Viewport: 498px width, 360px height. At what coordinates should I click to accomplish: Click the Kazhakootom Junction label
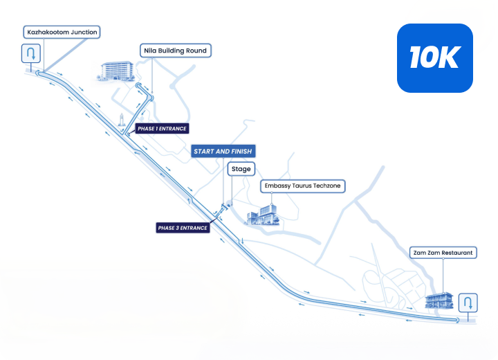pyautogui.click(x=62, y=32)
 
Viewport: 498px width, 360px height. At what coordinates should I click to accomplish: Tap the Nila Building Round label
pyautogui.click(x=175, y=51)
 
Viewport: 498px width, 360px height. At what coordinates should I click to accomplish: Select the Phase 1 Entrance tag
pyautogui.click(x=162, y=129)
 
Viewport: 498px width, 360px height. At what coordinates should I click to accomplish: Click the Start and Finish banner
pyautogui.click(x=223, y=152)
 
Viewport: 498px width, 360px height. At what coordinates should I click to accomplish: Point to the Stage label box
pyautogui.click(x=241, y=169)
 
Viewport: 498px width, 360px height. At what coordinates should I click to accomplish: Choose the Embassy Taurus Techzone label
pyautogui.click(x=303, y=186)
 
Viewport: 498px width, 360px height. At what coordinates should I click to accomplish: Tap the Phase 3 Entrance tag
pyautogui.click(x=183, y=228)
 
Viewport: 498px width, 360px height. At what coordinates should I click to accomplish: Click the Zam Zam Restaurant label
pyautogui.click(x=443, y=253)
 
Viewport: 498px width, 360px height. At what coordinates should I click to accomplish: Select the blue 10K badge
pyautogui.click(x=435, y=58)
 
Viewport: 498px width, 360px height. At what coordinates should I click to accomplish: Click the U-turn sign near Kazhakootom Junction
pyautogui.click(x=31, y=53)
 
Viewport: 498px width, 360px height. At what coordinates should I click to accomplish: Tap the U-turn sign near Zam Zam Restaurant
pyautogui.click(x=468, y=303)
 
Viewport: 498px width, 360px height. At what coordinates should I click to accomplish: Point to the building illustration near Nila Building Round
pyautogui.click(x=116, y=71)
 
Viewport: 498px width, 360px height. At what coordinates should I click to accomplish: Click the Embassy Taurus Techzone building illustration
pyautogui.click(x=263, y=215)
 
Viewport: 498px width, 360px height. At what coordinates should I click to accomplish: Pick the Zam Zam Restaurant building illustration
pyautogui.click(x=439, y=300)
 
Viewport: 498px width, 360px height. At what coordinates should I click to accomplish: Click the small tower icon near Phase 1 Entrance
pyautogui.click(x=121, y=120)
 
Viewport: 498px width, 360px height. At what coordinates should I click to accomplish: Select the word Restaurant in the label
pyautogui.click(x=457, y=253)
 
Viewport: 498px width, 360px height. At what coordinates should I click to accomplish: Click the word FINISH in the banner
pyautogui.click(x=241, y=152)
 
